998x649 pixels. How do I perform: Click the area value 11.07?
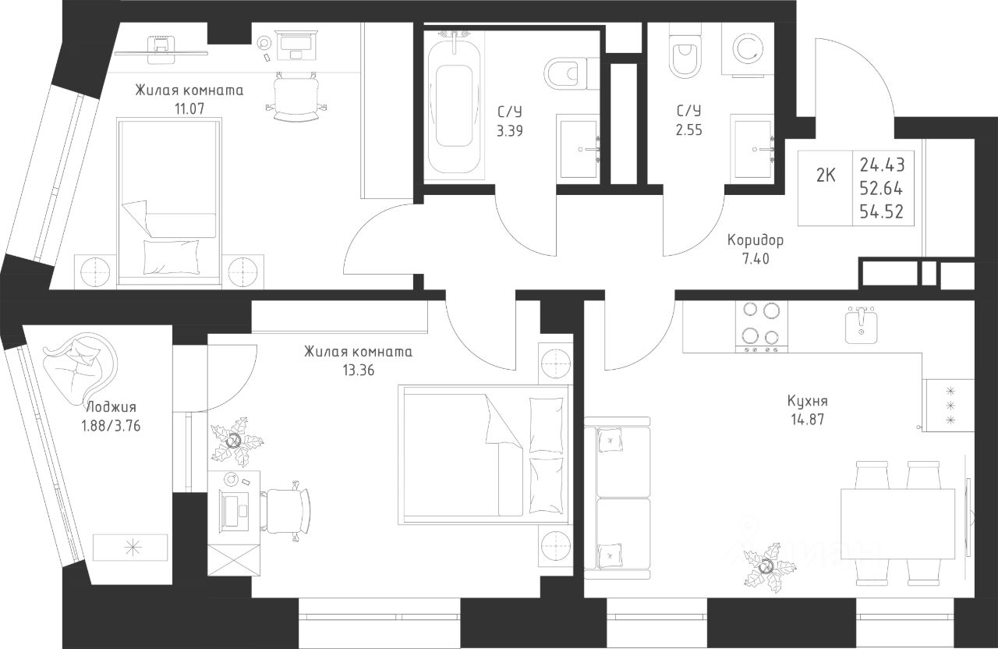coord(189,108)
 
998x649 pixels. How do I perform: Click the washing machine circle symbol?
coord(748,49)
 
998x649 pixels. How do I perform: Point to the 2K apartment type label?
coord(826,176)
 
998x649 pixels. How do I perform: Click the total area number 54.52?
coord(882,211)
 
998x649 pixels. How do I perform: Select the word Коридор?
coord(756,241)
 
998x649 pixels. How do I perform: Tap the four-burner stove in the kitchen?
coord(760,327)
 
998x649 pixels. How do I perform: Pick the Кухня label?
coord(807,401)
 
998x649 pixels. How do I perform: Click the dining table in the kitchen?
coord(897,523)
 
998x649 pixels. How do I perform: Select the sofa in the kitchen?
coord(617,498)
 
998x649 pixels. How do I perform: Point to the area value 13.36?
coord(359,371)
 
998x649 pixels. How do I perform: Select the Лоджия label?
coord(111,407)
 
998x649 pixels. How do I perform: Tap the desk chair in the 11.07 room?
coord(297,96)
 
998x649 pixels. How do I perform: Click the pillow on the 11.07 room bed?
coord(172,257)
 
